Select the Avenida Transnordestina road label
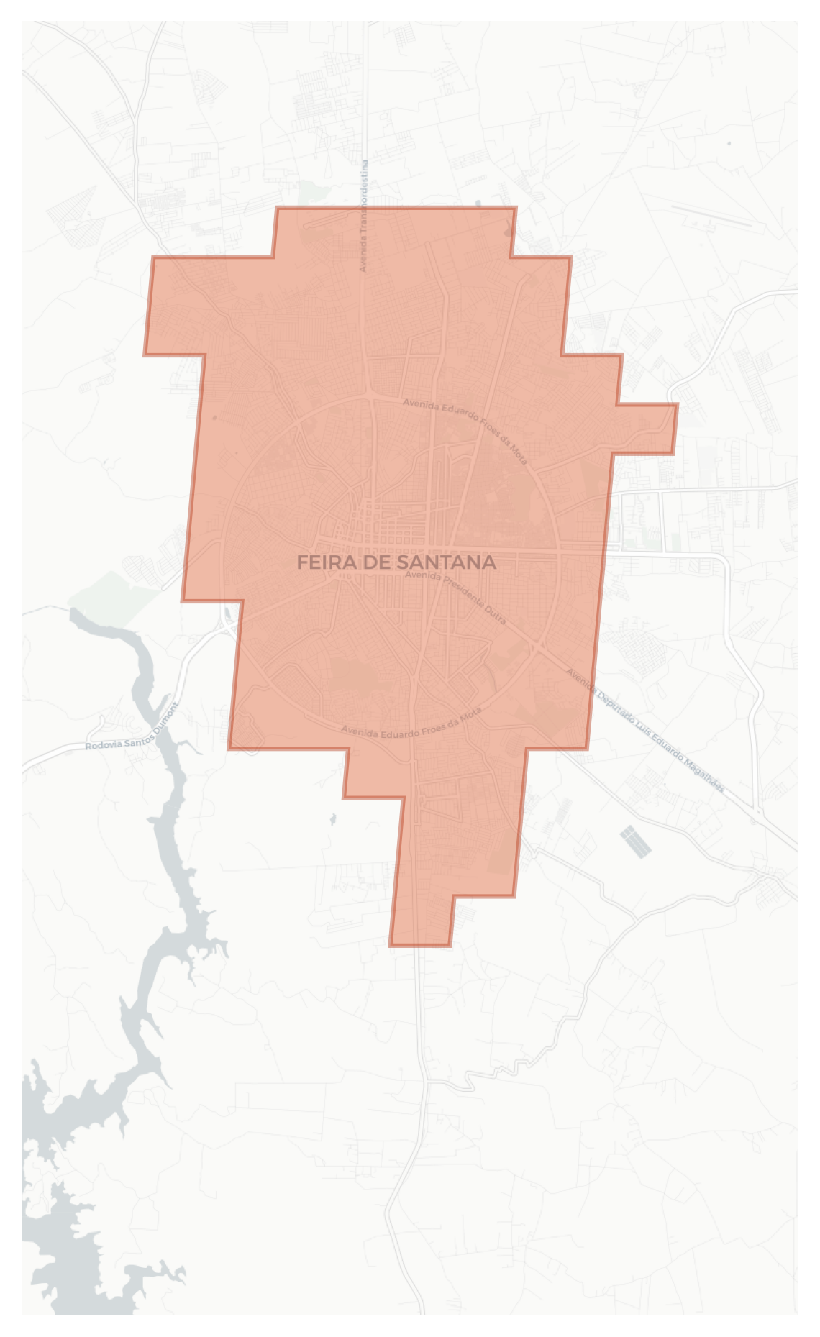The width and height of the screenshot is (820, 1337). tap(364, 216)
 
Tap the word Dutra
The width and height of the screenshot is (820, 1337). tap(496, 616)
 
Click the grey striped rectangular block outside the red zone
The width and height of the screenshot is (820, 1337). tap(636, 841)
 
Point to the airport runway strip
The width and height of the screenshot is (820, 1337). tap(712, 216)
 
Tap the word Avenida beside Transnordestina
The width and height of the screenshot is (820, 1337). tap(364, 252)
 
